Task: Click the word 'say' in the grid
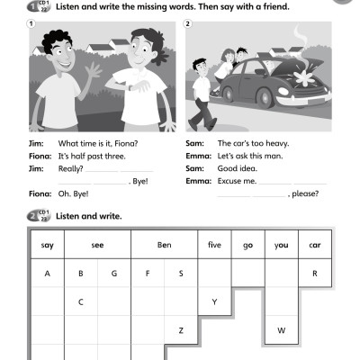pos(48,245)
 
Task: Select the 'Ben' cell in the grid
pos(164,245)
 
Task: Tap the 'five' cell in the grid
pos(214,245)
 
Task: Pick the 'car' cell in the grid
pos(315,245)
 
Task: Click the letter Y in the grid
pos(214,301)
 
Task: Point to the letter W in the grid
pos(282,330)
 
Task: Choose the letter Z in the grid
pos(181,330)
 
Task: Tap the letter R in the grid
pos(315,273)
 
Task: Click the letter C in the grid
pos(81,301)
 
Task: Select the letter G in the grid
pos(114,273)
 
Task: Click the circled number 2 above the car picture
pos(187,24)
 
